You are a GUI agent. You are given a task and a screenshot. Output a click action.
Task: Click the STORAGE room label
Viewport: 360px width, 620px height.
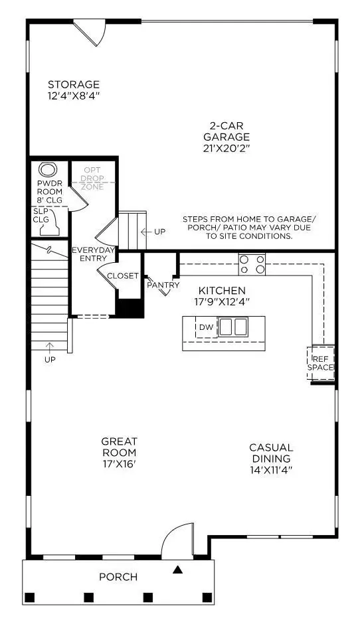74,84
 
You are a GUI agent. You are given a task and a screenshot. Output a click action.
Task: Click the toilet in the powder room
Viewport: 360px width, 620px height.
47,170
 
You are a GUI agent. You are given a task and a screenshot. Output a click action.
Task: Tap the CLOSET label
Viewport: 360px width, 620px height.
123,275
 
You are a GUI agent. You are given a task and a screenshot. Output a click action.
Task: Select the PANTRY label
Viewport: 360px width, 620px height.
163,285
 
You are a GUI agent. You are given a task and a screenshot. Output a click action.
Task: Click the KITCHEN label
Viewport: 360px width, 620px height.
222,290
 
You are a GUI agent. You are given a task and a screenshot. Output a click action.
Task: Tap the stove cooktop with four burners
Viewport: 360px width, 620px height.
252,264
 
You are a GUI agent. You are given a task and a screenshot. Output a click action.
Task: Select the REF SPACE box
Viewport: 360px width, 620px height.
321,362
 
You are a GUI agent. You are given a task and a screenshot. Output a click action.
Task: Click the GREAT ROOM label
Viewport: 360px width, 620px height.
119,447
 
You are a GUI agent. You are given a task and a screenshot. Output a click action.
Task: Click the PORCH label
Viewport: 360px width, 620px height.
118,577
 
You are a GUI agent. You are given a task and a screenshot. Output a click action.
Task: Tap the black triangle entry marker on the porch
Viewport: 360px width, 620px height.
178,569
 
